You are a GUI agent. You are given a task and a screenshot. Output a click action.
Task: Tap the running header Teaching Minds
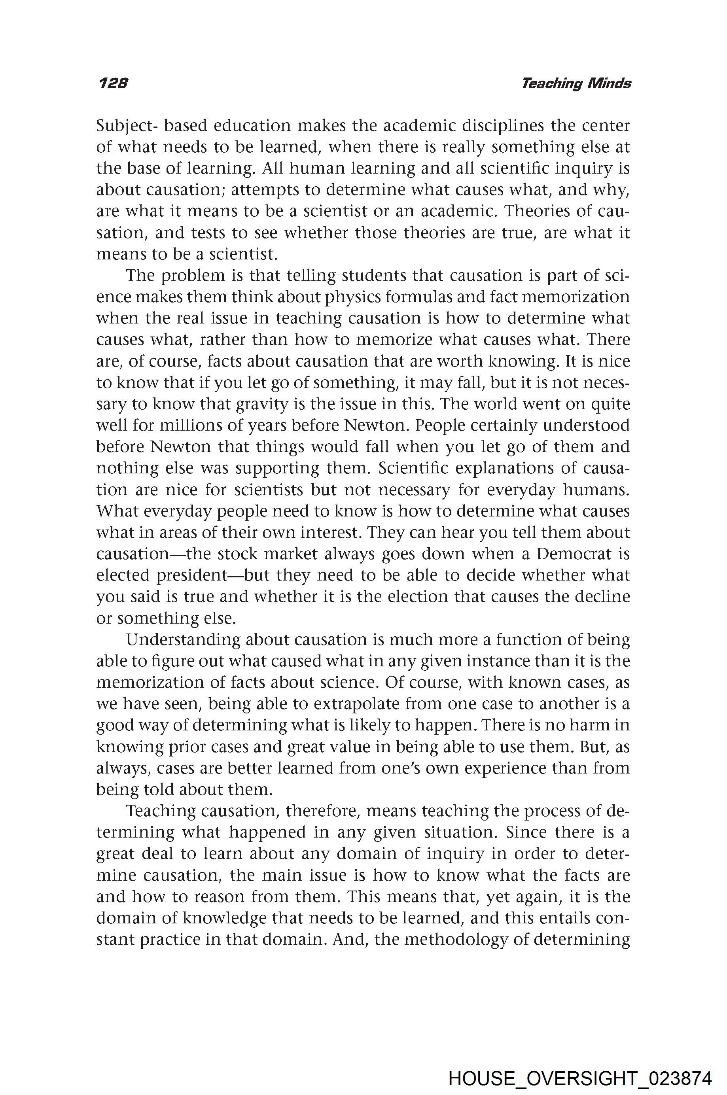click(576, 83)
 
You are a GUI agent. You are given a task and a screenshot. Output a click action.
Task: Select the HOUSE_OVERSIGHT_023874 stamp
click(579, 1066)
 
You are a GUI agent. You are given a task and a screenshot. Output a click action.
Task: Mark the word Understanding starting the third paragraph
click(183, 640)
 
